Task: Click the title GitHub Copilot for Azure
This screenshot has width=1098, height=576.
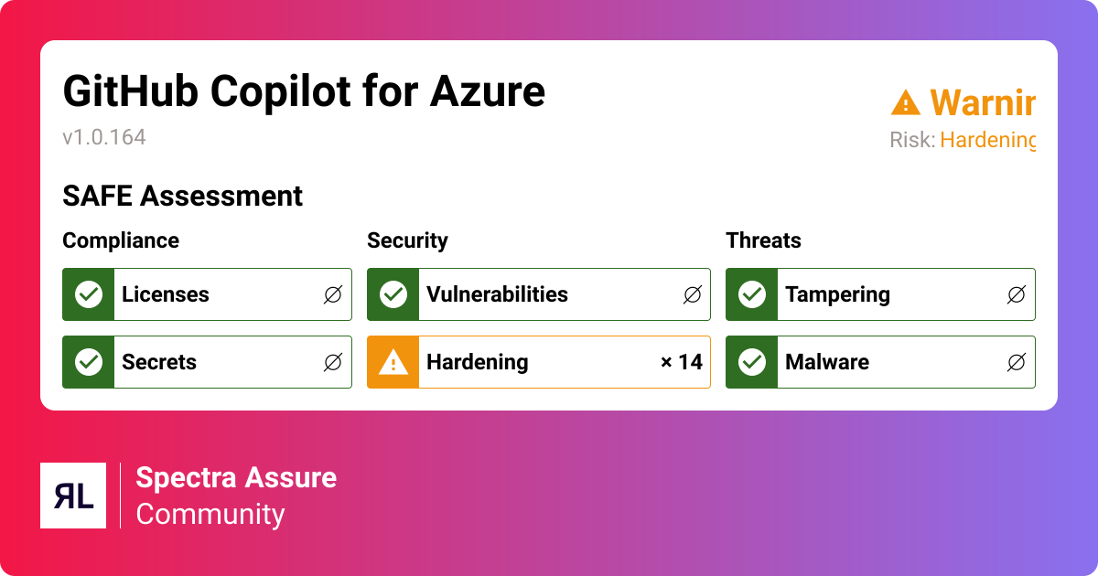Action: coord(303,91)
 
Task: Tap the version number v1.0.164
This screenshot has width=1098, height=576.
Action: coord(104,137)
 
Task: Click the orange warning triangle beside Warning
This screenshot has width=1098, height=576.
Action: coord(905,102)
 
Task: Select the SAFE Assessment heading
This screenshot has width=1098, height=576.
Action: coord(182,196)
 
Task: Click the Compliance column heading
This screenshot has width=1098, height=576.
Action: coord(121,240)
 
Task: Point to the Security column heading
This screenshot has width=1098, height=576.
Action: coord(407,240)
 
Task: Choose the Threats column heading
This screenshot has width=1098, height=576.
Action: coord(763,240)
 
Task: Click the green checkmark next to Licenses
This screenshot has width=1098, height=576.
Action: coord(89,294)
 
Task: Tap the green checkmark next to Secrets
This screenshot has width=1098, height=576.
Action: coord(89,362)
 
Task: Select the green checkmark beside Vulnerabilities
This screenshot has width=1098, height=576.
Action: coord(393,294)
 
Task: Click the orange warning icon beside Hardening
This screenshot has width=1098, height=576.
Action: coord(393,362)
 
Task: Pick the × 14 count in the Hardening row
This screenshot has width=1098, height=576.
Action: coord(682,362)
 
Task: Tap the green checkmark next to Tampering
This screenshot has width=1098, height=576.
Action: coord(752,294)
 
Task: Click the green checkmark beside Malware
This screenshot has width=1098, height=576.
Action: coord(752,362)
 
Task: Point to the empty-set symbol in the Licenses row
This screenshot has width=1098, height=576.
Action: coord(333,294)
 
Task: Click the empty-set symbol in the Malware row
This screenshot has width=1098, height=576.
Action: coord(1016,362)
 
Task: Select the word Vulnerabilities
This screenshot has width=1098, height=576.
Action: coord(497,294)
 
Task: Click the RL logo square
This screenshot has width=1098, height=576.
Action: coord(73,496)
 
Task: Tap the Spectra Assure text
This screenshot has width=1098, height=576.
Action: coord(236,477)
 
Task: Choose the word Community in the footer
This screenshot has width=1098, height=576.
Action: coord(210,514)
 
